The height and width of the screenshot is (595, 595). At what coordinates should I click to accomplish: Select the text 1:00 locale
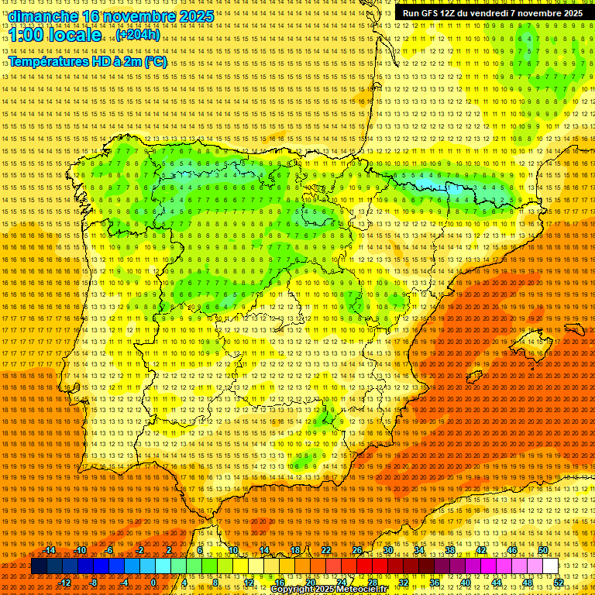coord(56,36)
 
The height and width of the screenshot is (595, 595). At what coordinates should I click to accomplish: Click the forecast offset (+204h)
coord(138,35)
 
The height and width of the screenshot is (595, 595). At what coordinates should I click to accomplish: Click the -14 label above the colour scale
coord(50,550)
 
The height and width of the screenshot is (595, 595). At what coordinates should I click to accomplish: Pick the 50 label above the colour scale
coord(543,550)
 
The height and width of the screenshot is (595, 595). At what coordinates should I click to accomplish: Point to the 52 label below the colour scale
coord(559,583)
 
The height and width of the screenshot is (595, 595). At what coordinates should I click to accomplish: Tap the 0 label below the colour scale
coord(154,583)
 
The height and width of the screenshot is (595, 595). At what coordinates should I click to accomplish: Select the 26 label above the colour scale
coord(357,550)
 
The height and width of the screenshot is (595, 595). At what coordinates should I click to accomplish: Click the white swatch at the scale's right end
coord(551,566)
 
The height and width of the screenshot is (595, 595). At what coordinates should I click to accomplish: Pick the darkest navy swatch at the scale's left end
coord(38,566)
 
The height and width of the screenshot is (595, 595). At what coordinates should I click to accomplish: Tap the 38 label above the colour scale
coord(450,550)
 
